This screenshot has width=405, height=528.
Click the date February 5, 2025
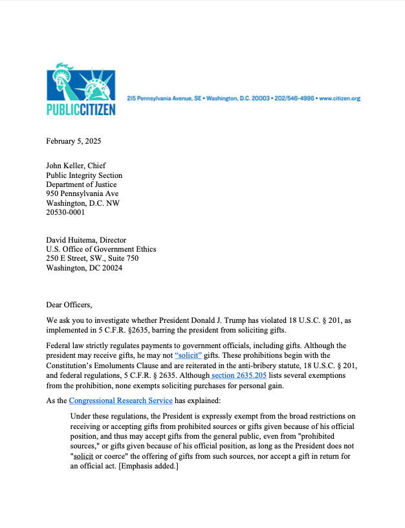(73, 141)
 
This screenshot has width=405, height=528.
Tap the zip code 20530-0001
(65, 212)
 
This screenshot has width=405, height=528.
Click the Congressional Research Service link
(121, 401)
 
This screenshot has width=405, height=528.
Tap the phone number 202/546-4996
(294, 98)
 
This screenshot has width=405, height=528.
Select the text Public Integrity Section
(84, 175)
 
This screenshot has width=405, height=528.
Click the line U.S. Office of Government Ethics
(101, 249)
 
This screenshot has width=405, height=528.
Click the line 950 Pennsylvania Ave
(82, 193)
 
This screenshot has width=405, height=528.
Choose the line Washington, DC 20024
(85, 267)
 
